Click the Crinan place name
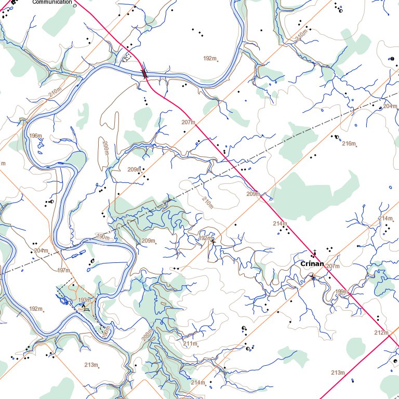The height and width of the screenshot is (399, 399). tap(312, 264)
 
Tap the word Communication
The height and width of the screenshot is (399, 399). tap(52, 2)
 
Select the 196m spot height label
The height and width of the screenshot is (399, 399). tap(35, 136)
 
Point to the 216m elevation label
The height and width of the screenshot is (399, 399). tap(349, 143)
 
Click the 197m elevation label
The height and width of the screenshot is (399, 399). tap(63, 270)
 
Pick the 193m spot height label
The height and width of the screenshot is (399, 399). tap(84, 300)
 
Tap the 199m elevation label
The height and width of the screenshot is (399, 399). tap(341, 291)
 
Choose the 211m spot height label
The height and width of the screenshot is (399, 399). tap(190, 343)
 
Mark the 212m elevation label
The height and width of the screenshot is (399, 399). tap(381, 332)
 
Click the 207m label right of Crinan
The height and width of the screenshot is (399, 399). tap(332, 266)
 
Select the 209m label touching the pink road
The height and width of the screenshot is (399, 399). tap(252, 194)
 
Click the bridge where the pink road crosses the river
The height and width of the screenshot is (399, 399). tap(145, 74)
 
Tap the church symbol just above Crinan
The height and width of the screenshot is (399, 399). tap(314, 253)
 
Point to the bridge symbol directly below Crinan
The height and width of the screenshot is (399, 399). tap(313, 278)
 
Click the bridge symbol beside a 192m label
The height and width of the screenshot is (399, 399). tap(212, 241)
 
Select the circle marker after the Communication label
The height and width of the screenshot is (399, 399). tap(75, 5)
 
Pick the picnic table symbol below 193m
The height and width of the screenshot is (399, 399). tap(86, 309)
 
